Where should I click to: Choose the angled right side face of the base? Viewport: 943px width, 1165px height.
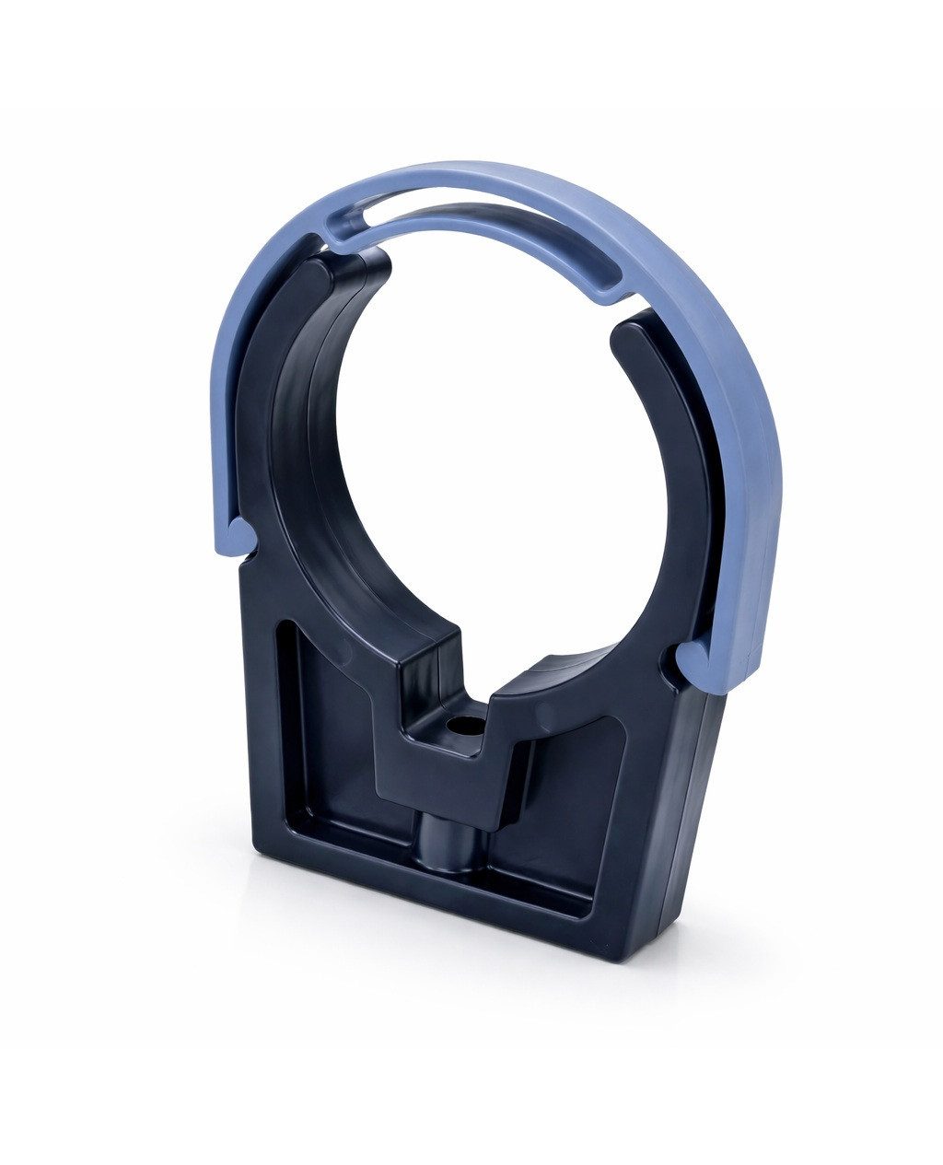(x=686, y=810)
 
